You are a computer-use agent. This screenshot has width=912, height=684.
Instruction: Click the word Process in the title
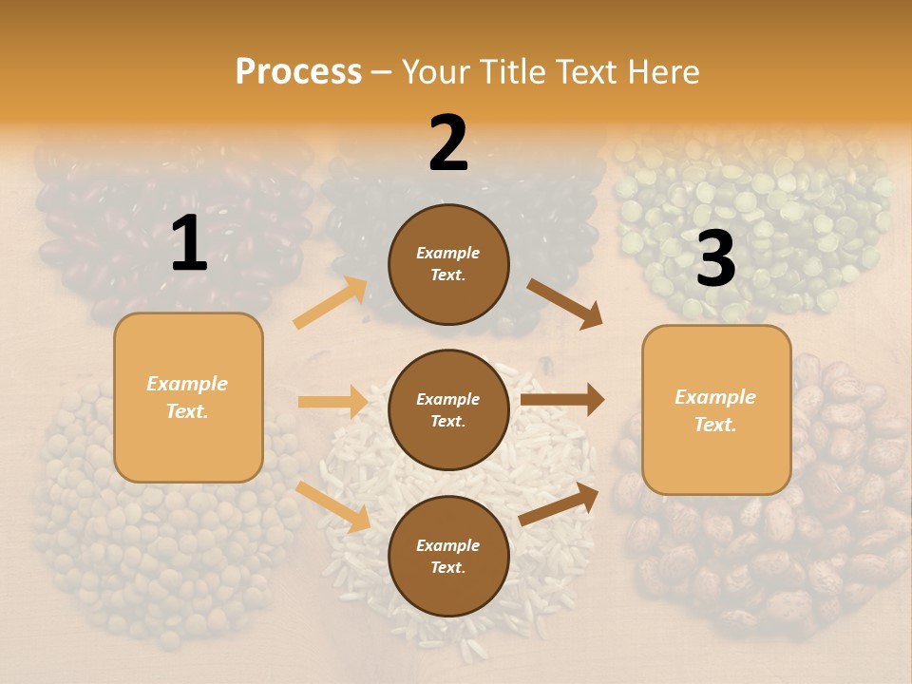coord(298,72)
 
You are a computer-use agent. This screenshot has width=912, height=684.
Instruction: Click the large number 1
coord(189,244)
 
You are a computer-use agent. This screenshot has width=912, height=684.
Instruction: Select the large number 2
coord(448,143)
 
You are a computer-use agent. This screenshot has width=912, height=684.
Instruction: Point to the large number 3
coord(715,258)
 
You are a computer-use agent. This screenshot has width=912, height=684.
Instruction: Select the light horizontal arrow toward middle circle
coord(332,402)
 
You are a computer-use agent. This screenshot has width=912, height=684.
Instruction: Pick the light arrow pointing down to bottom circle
coord(332,505)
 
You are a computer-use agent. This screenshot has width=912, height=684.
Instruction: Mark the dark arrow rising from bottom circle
coord(559,504)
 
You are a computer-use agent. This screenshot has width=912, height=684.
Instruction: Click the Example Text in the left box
coord(187,397)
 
